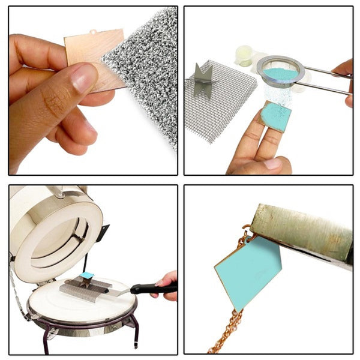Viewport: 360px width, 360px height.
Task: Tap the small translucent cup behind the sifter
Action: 244,55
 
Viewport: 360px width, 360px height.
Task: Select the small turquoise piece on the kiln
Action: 88,275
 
